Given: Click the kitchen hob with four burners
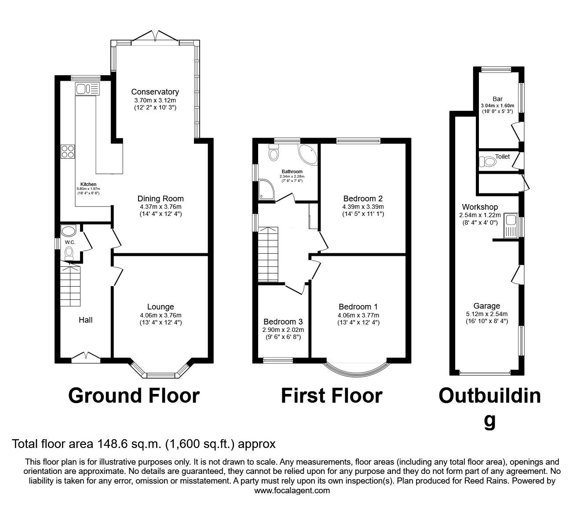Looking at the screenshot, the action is (x=68, y=151).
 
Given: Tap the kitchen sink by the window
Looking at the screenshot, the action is (x=88, y=88).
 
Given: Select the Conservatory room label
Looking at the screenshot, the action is (x=155, y=92).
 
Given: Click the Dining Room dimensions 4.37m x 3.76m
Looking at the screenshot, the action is (x=161, y=207).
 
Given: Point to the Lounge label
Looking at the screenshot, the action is (x=161, y=307).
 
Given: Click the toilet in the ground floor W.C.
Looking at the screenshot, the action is (x=69, y=253).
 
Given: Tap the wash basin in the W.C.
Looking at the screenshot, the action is (x=68, y=231).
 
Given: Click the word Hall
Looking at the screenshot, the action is (x=86, y=320).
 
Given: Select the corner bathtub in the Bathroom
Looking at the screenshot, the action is (x=308, y=155).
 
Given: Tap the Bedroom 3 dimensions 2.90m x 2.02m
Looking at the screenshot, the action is (x=283, y=330).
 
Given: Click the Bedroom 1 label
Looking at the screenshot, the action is (x=358, y=307).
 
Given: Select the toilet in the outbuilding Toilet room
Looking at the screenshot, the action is (x=488, y=162).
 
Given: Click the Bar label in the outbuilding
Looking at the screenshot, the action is (x=497, y=99).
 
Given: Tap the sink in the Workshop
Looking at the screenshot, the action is (x=511, y=225).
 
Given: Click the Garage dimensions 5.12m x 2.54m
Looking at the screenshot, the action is (x=487, y=314).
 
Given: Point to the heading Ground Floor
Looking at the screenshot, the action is (x=134, y=396).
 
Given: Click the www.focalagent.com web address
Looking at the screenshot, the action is (x=292, y=491).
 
